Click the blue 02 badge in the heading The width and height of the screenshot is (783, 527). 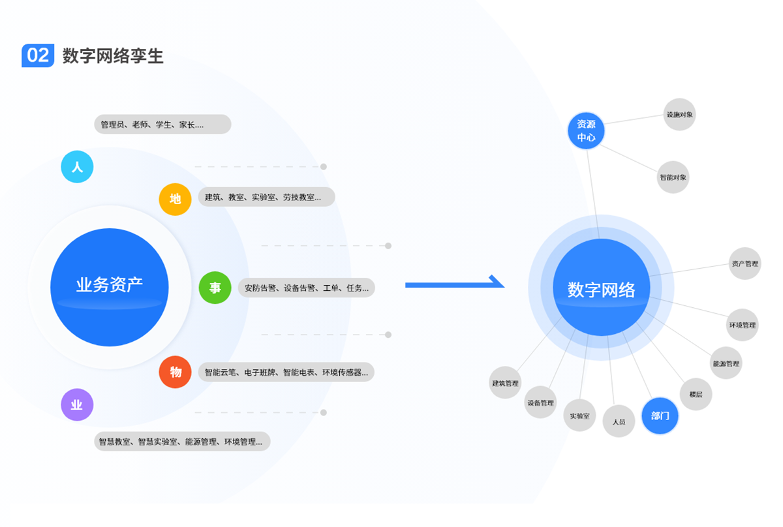tap(38, 55)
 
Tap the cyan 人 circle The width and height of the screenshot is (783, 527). tap(77, 167)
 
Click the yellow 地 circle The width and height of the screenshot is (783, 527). tap(176, 199)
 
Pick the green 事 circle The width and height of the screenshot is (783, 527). tap(215, 288)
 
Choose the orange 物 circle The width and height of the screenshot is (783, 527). tap(176, 372)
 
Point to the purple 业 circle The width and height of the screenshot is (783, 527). tap(77, 405)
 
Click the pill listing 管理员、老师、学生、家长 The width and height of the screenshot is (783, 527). tap(162, 124)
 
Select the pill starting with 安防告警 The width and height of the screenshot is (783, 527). tap(306, 288)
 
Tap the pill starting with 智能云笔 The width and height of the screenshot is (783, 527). tap(286, 372)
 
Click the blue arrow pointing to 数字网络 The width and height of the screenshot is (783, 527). tap(455, 284)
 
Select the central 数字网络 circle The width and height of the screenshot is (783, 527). tap(601, 288)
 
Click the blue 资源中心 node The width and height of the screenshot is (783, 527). tap(586, 130)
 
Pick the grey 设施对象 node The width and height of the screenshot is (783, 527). tap(679, 115)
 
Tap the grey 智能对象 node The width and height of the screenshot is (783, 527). tap(673, 177)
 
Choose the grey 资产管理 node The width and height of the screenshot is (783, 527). tap(745, 263)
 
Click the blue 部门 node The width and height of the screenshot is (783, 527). tap(660, 415)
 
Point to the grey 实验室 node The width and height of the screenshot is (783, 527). tap(579, 415)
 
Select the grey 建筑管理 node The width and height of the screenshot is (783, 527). tap(505, 383)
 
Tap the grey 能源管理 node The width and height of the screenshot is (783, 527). tap(726, 363)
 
